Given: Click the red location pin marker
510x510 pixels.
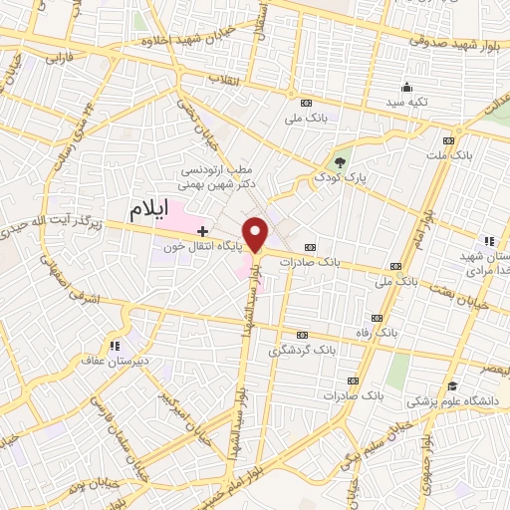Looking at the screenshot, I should click(257, 233).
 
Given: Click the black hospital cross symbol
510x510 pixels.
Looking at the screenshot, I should click(203, 231).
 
